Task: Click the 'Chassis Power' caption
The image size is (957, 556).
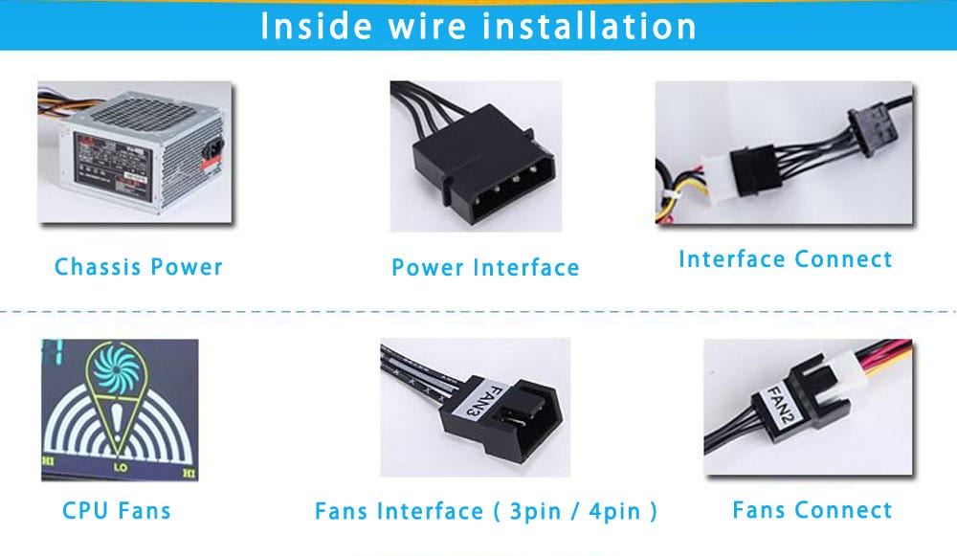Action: click(x=139, y=267)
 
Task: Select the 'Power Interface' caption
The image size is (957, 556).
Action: click(x=485, y=268)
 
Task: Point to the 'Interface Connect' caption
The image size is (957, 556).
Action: click(x=785, y=259)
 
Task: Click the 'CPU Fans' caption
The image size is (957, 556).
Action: click(x=117, y=511)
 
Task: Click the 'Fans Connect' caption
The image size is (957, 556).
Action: click(x=812, y=511)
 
